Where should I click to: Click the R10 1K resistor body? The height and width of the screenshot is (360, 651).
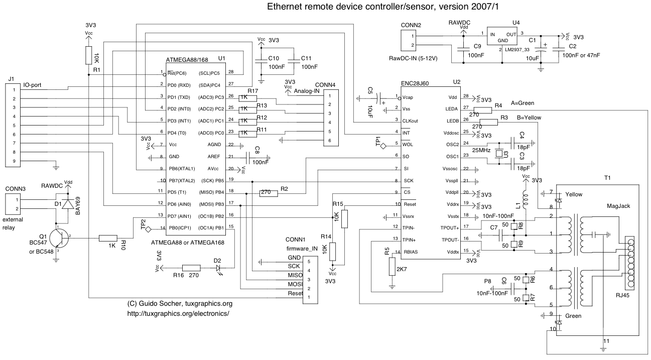pyautogui.click(x=108, y=239)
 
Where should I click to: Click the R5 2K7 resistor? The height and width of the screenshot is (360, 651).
pyautogui.click(x=392, y=267)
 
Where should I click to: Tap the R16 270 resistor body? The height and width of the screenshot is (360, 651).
pyautogui.click(x=191, y=268)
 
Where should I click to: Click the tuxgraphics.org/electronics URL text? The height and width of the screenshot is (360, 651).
pyautogui.click(x=179, y=313)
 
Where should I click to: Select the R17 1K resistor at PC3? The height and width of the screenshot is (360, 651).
pyautogui.click(x=248, y=98)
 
